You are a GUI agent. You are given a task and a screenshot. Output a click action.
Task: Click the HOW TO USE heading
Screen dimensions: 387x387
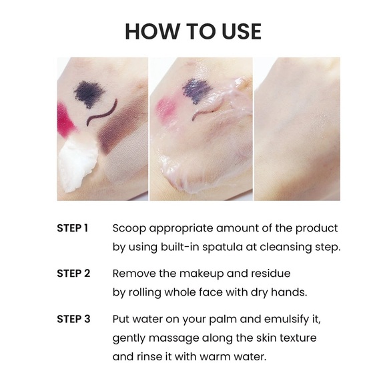193,31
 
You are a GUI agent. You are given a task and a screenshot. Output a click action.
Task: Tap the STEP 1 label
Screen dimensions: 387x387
73,228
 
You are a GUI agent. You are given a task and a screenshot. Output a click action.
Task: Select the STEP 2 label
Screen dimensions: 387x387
73,274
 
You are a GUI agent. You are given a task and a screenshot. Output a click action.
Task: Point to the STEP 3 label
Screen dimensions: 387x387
73,319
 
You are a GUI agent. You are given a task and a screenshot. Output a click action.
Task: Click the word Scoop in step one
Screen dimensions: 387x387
129,228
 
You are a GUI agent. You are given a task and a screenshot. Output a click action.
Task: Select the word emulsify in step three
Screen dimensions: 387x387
284,319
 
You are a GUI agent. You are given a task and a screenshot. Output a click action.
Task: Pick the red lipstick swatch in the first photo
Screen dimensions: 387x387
65,120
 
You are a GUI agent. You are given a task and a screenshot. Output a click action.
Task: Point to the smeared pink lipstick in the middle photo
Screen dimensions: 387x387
165,106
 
